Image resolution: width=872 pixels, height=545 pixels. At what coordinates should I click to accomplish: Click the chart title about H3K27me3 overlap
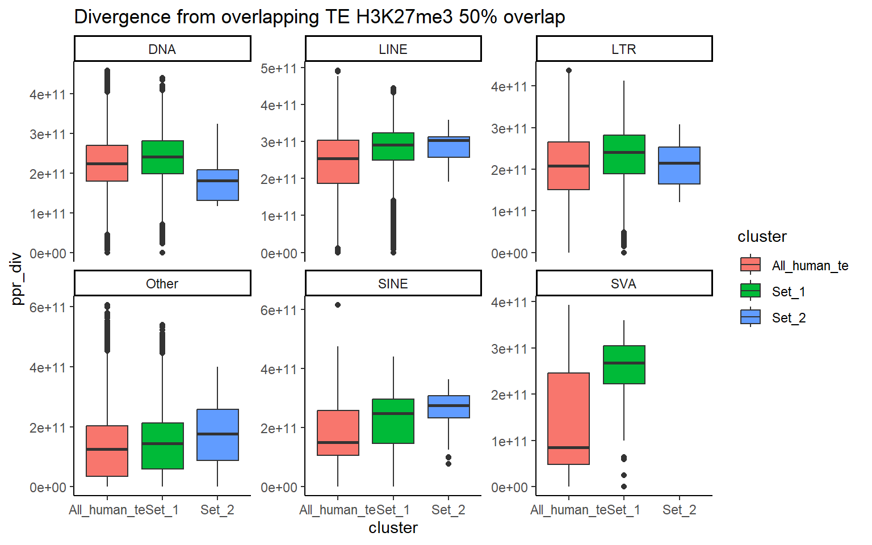319,17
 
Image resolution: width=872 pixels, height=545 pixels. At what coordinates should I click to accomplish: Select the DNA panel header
162,49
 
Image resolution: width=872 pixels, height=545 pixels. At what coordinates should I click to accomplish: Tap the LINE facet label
393,49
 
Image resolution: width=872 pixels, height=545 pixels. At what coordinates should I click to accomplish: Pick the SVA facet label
623,284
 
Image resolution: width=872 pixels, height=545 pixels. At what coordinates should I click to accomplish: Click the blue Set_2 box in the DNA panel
217,185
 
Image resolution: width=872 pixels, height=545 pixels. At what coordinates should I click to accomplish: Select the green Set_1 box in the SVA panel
624,364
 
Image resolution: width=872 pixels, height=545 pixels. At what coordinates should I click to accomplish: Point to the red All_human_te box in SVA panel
568,418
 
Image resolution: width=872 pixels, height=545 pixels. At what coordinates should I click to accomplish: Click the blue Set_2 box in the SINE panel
448,406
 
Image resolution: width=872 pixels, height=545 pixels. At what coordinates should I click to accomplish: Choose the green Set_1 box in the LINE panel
393,146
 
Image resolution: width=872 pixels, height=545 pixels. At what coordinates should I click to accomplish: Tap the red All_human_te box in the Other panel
107,451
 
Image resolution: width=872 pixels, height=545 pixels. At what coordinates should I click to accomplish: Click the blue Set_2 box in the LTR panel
679,165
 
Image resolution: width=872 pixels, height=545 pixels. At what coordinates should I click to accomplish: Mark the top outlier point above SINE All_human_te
338,305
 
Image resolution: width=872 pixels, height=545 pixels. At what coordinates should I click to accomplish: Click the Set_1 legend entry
789,292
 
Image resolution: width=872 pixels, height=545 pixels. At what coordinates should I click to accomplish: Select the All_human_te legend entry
810,266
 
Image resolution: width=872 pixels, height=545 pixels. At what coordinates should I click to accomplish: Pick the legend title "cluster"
762,237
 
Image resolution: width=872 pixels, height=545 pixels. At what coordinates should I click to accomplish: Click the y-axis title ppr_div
16,278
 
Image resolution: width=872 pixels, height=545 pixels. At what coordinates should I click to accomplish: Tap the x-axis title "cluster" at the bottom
393,528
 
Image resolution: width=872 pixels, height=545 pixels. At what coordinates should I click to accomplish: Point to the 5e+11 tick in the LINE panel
278,69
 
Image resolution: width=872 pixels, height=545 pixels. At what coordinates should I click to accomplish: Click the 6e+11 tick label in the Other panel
48,308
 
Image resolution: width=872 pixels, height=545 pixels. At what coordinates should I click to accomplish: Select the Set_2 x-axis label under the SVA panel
679,510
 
